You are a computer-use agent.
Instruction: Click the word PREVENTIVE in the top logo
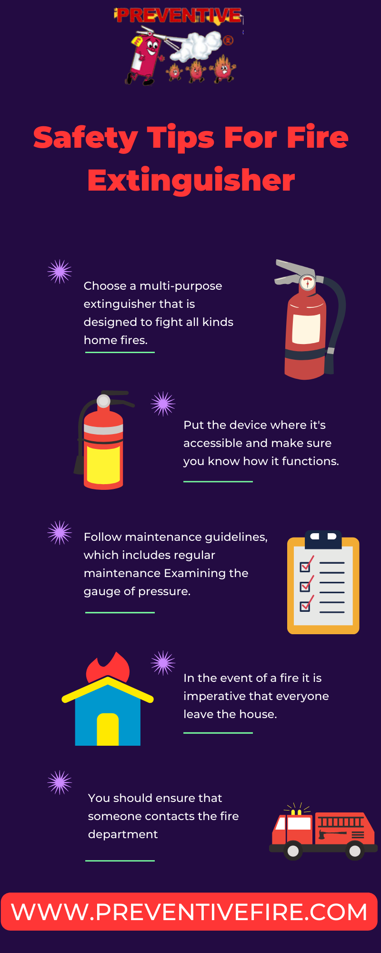click(x=179, y=16)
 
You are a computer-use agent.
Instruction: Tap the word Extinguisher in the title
click(x=191, y=181)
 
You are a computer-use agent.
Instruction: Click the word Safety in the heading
click(x=85, y=138)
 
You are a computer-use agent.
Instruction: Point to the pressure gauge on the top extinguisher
click(x=308, y=282)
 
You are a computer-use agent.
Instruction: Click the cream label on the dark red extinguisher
click(x=306, y=329)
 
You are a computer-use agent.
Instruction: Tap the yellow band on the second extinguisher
click(x=103, y=465)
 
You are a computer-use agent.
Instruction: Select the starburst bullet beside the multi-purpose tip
click(x=60, y=272)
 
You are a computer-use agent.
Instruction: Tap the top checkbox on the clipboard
click(x=305, y=567)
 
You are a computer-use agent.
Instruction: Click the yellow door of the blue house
click(x=108, y=729)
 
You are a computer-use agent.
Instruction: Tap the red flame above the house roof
click(x=109, y=668)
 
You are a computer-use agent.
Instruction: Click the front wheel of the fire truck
click(x=293, y=851)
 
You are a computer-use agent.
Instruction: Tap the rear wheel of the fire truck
click(x=355, y=851)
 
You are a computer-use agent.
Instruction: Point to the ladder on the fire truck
click(x=341, y=821)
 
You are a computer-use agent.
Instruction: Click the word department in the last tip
click(x=123, y=834)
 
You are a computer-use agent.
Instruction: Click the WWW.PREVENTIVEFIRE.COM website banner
click(x=190, y=912)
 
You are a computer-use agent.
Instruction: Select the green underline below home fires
click(x=120, y=352)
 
